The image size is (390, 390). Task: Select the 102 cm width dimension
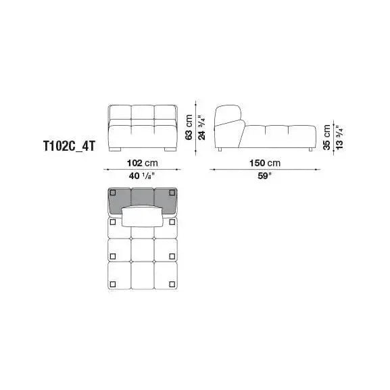[142, 164]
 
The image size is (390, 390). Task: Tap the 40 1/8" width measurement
[141, 176]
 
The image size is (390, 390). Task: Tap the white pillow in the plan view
[143, 216]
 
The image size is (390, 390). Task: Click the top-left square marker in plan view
[113, 222]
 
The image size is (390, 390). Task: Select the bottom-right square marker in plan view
[172, 284]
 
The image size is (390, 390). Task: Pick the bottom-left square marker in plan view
[113, 284]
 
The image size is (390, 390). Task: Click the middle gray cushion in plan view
[143, 197]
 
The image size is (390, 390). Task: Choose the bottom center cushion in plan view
[143, 276]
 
